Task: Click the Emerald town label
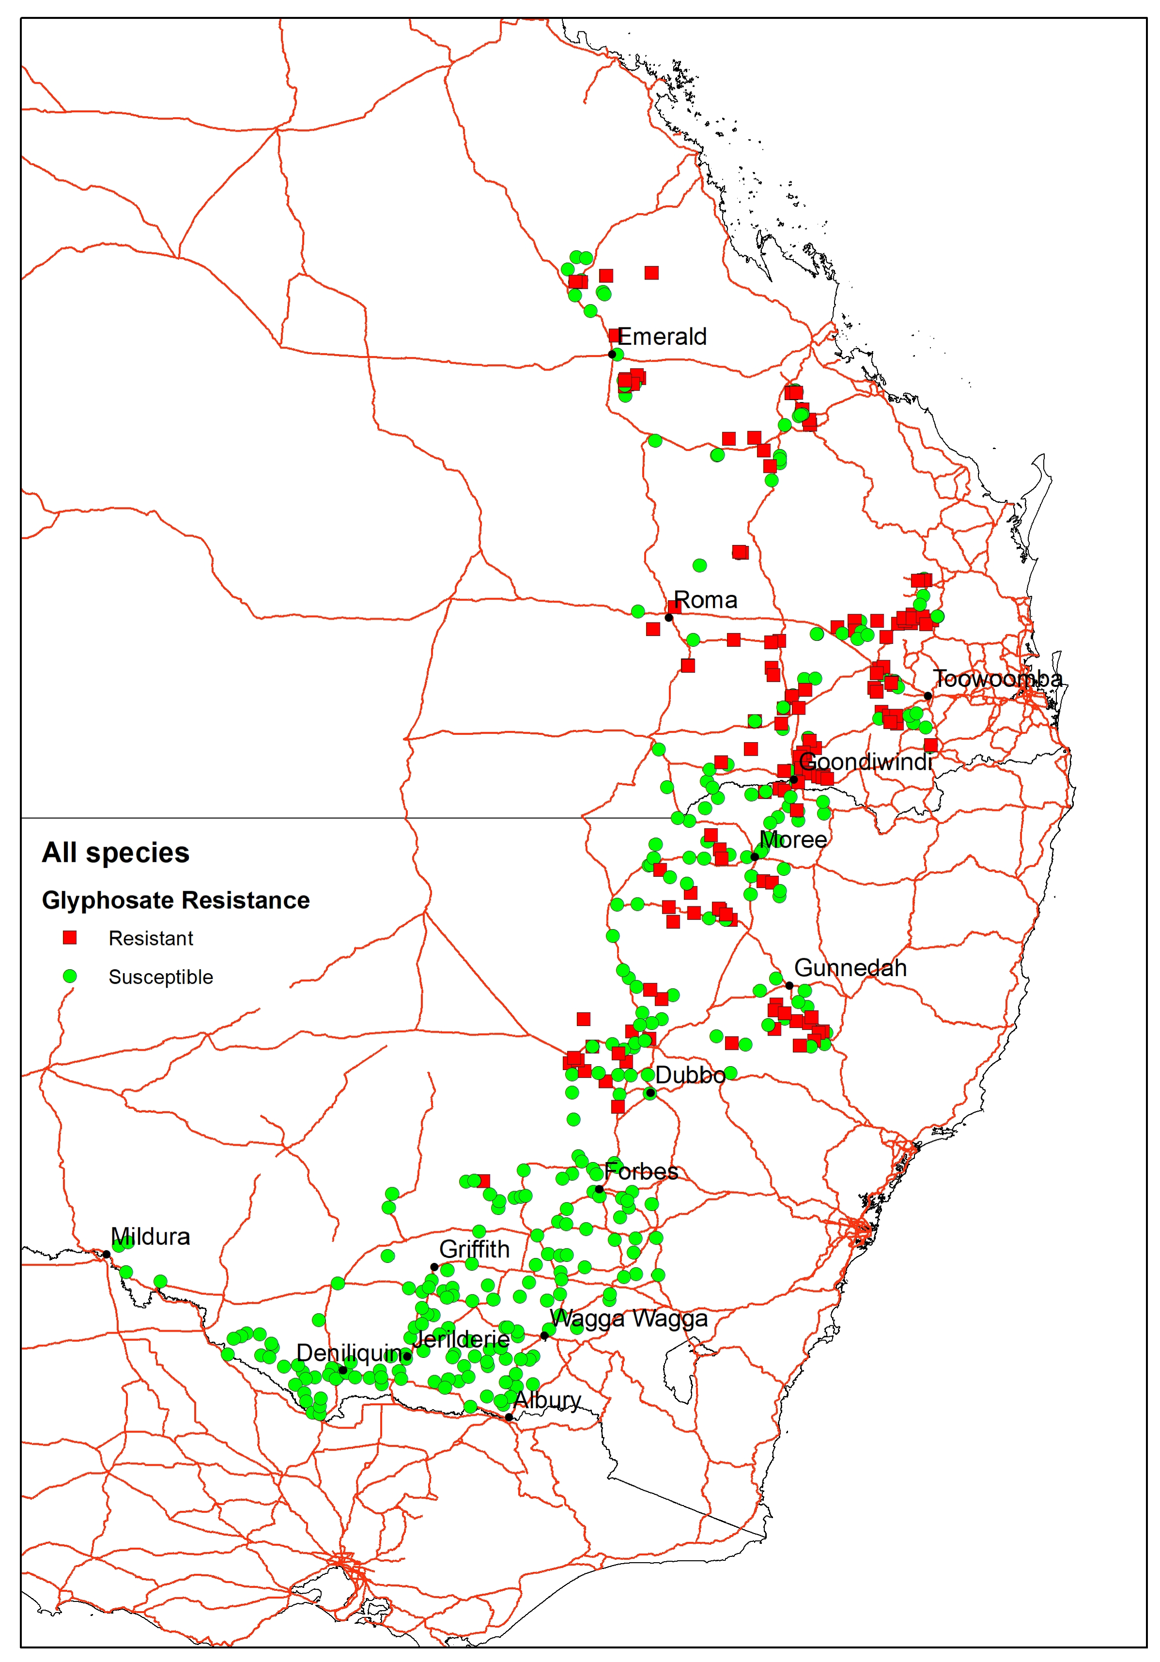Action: click(x=662, y=337)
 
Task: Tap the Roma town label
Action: click(x=706, y=600)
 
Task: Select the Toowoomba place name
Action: click(x=997, y=679)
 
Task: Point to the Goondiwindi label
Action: click(x=866, y=761)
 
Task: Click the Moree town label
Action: click(x=793, y=839)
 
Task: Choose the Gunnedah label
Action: click(x=851, y=968)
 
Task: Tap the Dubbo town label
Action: click(x=690, y=1075)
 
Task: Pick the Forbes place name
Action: click(x=641, y=1171)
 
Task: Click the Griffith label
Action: click(x=475, y=1249)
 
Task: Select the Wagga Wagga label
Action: click(x=628, y=1318)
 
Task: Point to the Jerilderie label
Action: click(x=461, y=1339)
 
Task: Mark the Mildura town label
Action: click(x=151, y=1236)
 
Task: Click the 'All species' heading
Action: click(x=116, y=853)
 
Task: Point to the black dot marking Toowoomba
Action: click(x=928, y=696)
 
